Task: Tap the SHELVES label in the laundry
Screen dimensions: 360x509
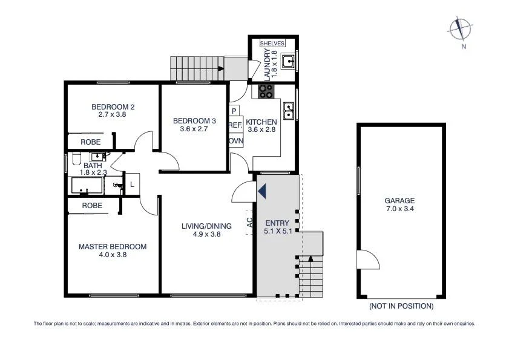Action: click(x=272, y=44)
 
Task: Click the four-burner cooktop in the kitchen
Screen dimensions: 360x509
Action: click(x=266, y=91)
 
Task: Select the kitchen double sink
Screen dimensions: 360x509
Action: click(x=289, y=111)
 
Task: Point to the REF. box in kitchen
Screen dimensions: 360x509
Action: click(x=235, y=125)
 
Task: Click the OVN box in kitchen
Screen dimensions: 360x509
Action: click(x=235, y=140)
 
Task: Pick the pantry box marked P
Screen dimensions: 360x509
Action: click(x=234, y=111)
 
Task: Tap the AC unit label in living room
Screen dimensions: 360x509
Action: click(x=249, y=222)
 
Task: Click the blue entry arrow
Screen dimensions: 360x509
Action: click(x=261, y=191)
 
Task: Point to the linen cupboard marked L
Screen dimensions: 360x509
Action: click(x=132, y=185)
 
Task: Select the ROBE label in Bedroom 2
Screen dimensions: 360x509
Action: click(x=91, y=142)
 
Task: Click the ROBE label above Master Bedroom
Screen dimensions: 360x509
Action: click(x=92, y=206)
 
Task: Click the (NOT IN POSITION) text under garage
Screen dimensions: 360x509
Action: click(x=401, y=306)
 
